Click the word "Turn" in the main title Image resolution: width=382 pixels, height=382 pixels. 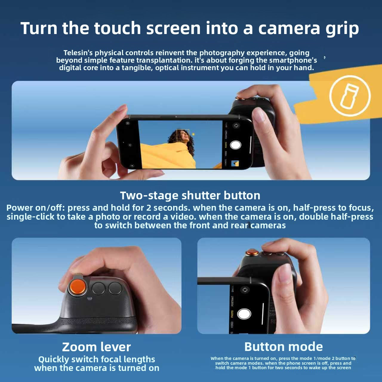point(39,28)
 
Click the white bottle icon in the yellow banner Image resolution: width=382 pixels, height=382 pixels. point(350,95)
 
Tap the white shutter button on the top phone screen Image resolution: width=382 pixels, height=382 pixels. point(235,145)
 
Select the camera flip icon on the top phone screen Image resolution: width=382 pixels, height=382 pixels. point(236,125)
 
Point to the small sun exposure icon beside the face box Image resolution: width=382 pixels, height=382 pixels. point(193,134)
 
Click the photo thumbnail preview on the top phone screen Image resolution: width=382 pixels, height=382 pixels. point(235,163)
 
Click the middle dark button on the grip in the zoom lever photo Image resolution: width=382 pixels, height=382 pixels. point(98,289)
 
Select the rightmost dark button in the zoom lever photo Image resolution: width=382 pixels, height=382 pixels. point(115,288)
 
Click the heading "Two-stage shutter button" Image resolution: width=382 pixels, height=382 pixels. point(190,195)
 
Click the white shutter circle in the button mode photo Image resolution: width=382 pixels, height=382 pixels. point(244,314)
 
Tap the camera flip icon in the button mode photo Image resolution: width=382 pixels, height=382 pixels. point(245,290)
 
